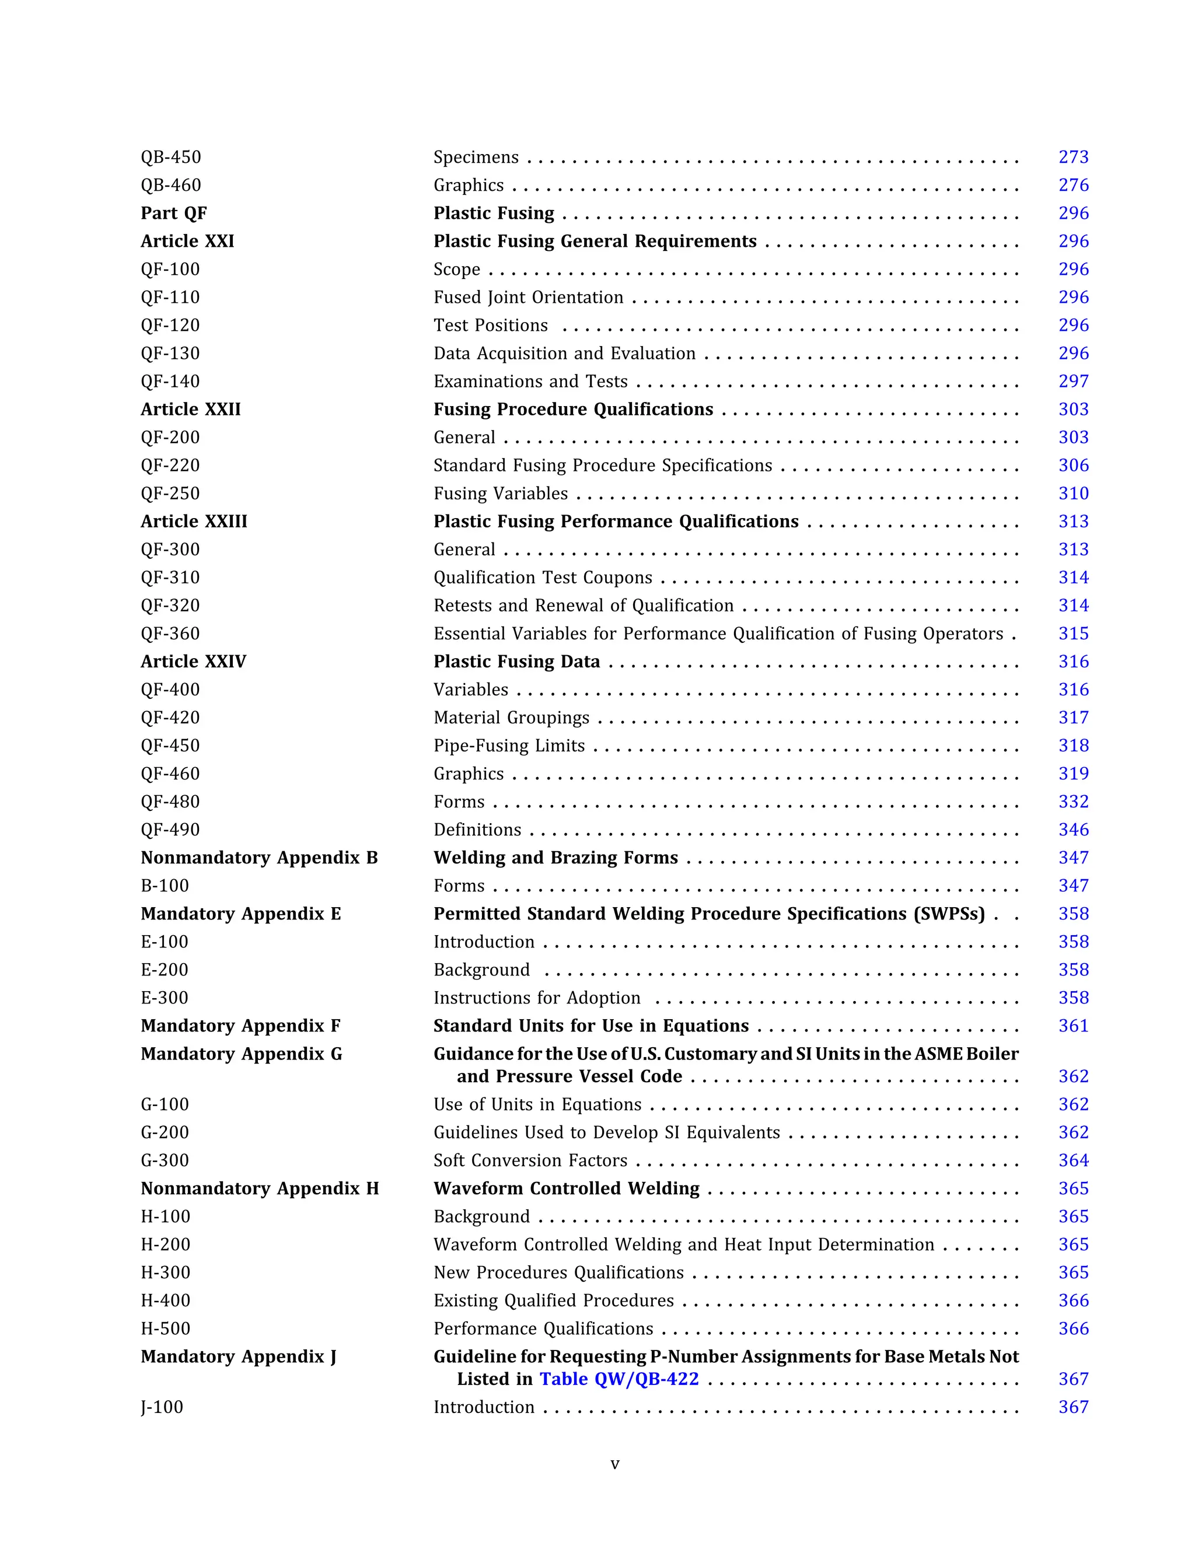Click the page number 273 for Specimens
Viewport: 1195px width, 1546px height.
click(1073, 157)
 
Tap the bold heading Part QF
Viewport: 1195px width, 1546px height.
click(173, 213)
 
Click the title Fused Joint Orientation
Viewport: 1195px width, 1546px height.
click(528, 298)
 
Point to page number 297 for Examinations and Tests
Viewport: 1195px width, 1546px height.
click(1073, 382)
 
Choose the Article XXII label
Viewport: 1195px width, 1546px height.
click(190, 409)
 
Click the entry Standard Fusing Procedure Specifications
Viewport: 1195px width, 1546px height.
click(602, 466)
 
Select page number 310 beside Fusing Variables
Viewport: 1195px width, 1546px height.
click(1073, 494)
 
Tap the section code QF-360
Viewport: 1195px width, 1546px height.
click(170, 634)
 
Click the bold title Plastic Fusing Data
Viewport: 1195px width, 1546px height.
click(517, 662)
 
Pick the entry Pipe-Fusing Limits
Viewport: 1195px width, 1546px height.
click(509, 746)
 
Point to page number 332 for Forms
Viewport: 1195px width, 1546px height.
click(1073, 802)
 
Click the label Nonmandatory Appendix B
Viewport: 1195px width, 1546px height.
click(259, 858)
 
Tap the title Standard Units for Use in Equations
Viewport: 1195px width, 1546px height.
click(591, 1026)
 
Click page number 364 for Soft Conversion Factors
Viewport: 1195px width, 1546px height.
click(1073, 1161)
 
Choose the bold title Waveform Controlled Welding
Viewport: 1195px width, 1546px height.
click(567, 1188)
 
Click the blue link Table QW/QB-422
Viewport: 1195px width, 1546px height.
click(619, 1380)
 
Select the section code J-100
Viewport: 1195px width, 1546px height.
click(162, 1407)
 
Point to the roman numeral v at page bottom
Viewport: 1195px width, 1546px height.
click(614, 1464)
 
